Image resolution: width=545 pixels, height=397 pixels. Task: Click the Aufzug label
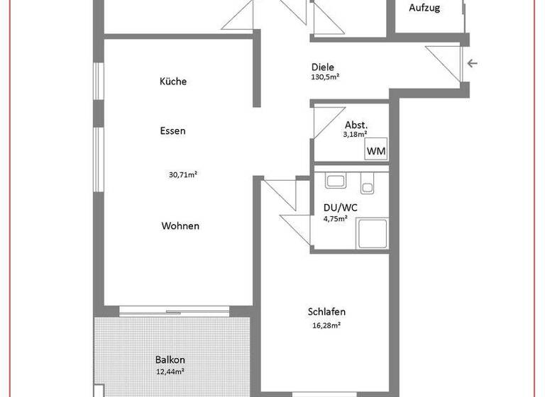425,9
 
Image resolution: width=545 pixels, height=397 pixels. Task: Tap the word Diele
322,67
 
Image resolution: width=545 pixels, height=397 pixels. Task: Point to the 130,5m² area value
325,77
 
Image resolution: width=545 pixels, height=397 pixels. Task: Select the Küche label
173,82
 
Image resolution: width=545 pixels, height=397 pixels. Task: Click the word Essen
172,130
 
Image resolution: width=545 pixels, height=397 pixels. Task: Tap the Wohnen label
180,226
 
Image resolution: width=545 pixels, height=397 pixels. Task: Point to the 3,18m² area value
356,133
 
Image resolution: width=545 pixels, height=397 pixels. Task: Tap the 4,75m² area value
335,219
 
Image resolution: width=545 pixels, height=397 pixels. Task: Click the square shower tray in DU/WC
371,233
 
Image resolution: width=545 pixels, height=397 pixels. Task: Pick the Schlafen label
326,312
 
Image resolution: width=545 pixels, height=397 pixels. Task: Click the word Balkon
170,360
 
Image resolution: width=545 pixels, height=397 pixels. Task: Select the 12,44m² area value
170,371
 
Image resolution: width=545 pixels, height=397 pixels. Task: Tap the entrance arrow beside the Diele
473,64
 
